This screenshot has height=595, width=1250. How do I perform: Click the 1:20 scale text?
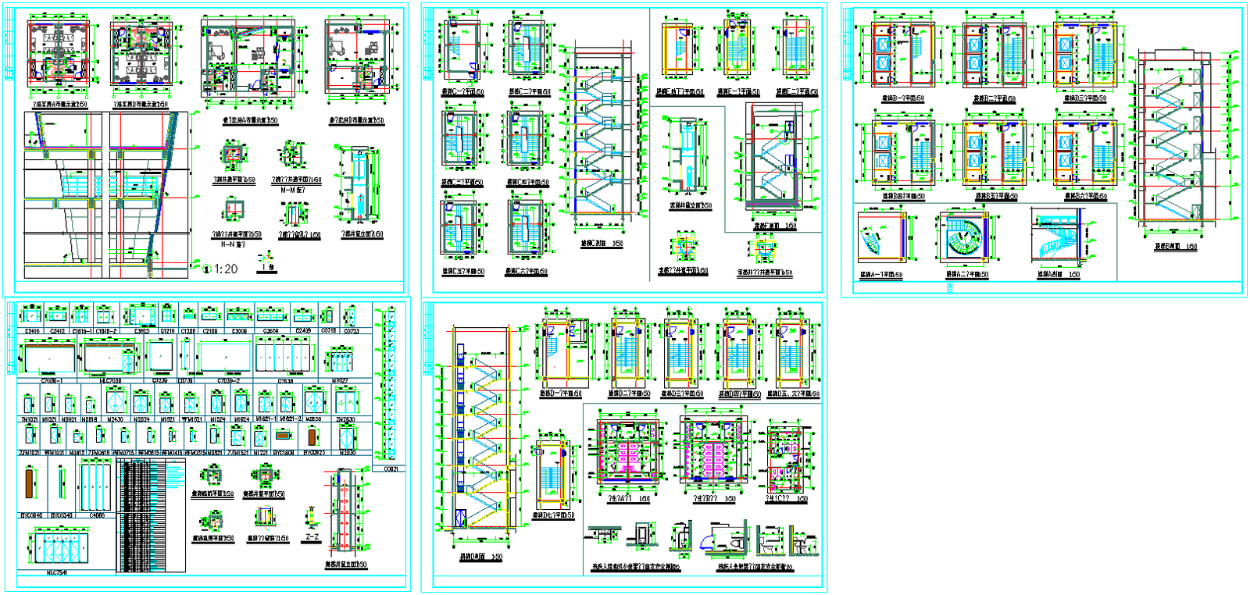[x=226, y=269]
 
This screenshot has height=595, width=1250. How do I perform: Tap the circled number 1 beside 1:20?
[x=207, y=269]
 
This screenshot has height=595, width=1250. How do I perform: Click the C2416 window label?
[x=32, y=331]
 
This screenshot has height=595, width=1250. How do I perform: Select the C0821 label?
[x=391, y=469]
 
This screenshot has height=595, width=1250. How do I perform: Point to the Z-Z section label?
[x=312, y=537]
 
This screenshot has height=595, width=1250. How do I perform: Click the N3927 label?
[x=340, y=381]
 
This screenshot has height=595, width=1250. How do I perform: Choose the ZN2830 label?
[x=345, y=419]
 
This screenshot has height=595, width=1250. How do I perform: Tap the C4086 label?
[x=97, y=515]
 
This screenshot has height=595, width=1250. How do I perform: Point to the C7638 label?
[x=285, y=381]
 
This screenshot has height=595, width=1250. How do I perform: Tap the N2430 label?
[x=115, y=419]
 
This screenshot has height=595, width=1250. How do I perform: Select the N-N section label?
[x=232, y=244]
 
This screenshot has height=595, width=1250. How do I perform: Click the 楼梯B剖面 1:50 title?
[x=1176, y=247]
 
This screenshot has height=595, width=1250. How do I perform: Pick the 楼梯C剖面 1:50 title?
[x=602, y=244]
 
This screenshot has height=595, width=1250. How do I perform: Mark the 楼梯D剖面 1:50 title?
[x=480, y=558]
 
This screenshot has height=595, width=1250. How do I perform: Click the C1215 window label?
[x=167, y=331]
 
